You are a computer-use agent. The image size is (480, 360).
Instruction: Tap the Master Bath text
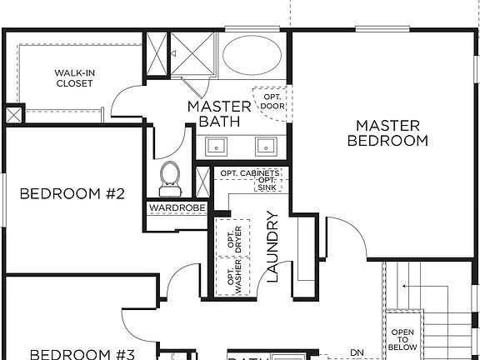(x=219, y=114)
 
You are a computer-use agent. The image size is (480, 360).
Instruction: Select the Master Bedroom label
(x=387, y=133)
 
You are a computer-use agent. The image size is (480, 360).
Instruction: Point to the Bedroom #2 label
(x=72, y=194)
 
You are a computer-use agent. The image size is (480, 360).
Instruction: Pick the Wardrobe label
(x=177, y=207)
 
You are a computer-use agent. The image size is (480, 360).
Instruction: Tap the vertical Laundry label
(x=272, y=247)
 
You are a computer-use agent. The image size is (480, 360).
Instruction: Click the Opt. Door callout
(x=272, y=100)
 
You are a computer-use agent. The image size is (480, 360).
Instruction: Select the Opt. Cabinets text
(x=250, y=172)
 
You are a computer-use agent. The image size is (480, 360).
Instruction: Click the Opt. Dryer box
(x=234, y=238)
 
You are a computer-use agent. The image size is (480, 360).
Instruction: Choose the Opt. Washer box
(x=233, y=276)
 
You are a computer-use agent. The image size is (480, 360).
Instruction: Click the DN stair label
(x=358, y=351)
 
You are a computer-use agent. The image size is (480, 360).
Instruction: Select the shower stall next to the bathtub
(x=195, y=54)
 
